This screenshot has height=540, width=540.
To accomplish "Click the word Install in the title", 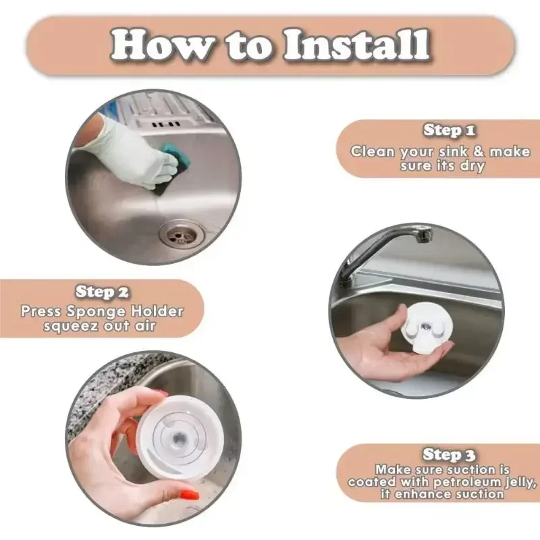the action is (x=357, y=45).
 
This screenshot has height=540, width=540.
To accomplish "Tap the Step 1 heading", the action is (x=450, y=130).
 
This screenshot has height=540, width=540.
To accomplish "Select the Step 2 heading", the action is (x=102, y=292).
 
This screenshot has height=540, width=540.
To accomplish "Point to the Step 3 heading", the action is (x=449, y=454).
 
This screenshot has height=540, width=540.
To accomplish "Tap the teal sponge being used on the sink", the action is (x=175, y=165).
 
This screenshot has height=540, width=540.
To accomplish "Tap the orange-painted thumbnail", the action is (x=190, y=495).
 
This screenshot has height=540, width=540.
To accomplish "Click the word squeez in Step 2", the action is (x=71, y=326).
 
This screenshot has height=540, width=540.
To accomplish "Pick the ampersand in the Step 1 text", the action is (x=479, y=151).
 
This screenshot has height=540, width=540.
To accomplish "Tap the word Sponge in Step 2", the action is (x=96, y=312).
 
